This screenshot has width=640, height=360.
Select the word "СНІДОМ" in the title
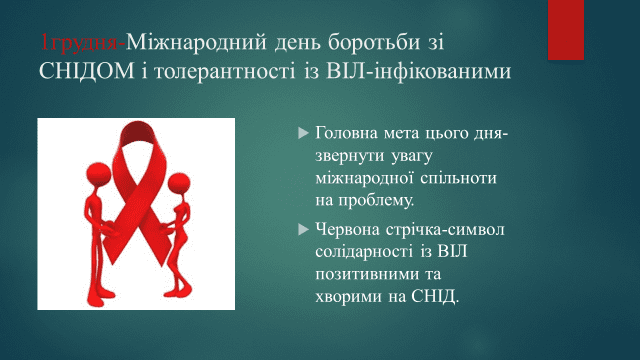(x=87, y=71)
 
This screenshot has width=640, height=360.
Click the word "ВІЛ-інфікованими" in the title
(x=418, y=71)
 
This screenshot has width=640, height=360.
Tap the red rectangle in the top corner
(x=566, y=30)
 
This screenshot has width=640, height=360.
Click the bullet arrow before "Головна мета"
(x=303, y=133)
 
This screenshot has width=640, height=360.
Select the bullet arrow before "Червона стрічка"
(x=303, y=229)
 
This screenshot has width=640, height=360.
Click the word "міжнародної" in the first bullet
(x=365, y=178)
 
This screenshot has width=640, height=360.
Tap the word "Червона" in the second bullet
(x=347, y=229)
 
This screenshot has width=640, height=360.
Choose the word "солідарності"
(x=364, y=251)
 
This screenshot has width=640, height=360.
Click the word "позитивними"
(x=362, y=274)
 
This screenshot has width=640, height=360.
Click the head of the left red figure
(x=98, y=173)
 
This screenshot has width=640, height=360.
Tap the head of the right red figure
(x=179, y=183)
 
